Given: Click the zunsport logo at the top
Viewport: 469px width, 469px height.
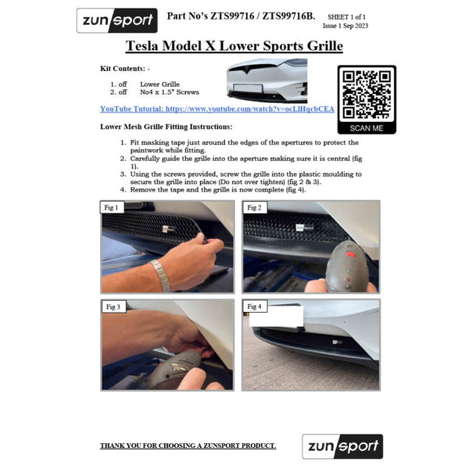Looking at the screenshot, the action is pyautogui.click(x=117, y=20).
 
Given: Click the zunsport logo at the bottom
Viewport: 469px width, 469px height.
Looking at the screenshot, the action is pyautogui.click(x=342, y=446).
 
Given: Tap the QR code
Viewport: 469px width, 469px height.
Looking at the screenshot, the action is pyautogui.click(x=367, y=95).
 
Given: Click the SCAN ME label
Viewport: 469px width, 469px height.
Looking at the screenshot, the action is pyautogui.click(x=367, y=128).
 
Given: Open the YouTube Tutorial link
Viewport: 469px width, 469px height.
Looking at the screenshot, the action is pyautogui.click(x=217, y=109).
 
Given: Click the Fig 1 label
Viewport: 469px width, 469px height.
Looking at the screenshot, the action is pyautogui.click(x=112, y=207).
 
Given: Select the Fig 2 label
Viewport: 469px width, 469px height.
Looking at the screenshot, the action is pyautogui.click(x=254, y=207).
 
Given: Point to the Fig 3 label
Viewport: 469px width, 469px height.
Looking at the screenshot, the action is pyautogui.click(x=113, y=306).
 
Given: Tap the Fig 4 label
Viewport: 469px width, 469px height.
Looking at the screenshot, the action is pyautogui.click(x=254, y=306).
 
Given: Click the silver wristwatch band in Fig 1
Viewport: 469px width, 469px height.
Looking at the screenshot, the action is pyautogui.click(x=161, y=275).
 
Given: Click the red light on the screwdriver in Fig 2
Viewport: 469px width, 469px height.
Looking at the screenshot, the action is pyautogui.click(x=350, y=255).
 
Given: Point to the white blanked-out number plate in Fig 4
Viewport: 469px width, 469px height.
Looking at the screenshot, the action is pyautogui.click(x=276, y=316).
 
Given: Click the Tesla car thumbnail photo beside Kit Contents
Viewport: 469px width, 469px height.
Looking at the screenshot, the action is pyautogui.click(x=267, y=81).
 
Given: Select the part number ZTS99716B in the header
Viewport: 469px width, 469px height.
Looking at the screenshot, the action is pyautogui.click(x=288, y=16).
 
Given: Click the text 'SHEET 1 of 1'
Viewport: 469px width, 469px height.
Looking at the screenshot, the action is pyautogui.click(x=346, y=17).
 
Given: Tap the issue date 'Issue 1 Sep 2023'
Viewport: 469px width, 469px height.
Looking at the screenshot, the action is pyautogui.click(x=345, y=26).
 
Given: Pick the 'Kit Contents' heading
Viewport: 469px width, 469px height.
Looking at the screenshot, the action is pyautogui.click(x=123, y=69).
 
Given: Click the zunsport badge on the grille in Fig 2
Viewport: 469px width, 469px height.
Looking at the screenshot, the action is pyautogui.click(x=305, y=227).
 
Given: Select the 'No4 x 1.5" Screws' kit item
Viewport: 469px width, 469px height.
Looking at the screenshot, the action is pyautogui.click(x=170, y=92).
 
